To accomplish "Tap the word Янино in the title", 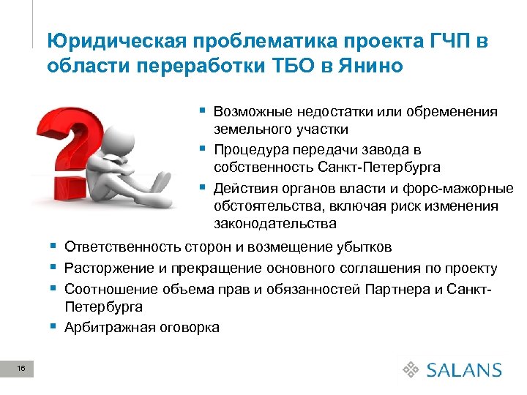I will tap(370, 66).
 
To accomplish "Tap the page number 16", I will tap(22, 371).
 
